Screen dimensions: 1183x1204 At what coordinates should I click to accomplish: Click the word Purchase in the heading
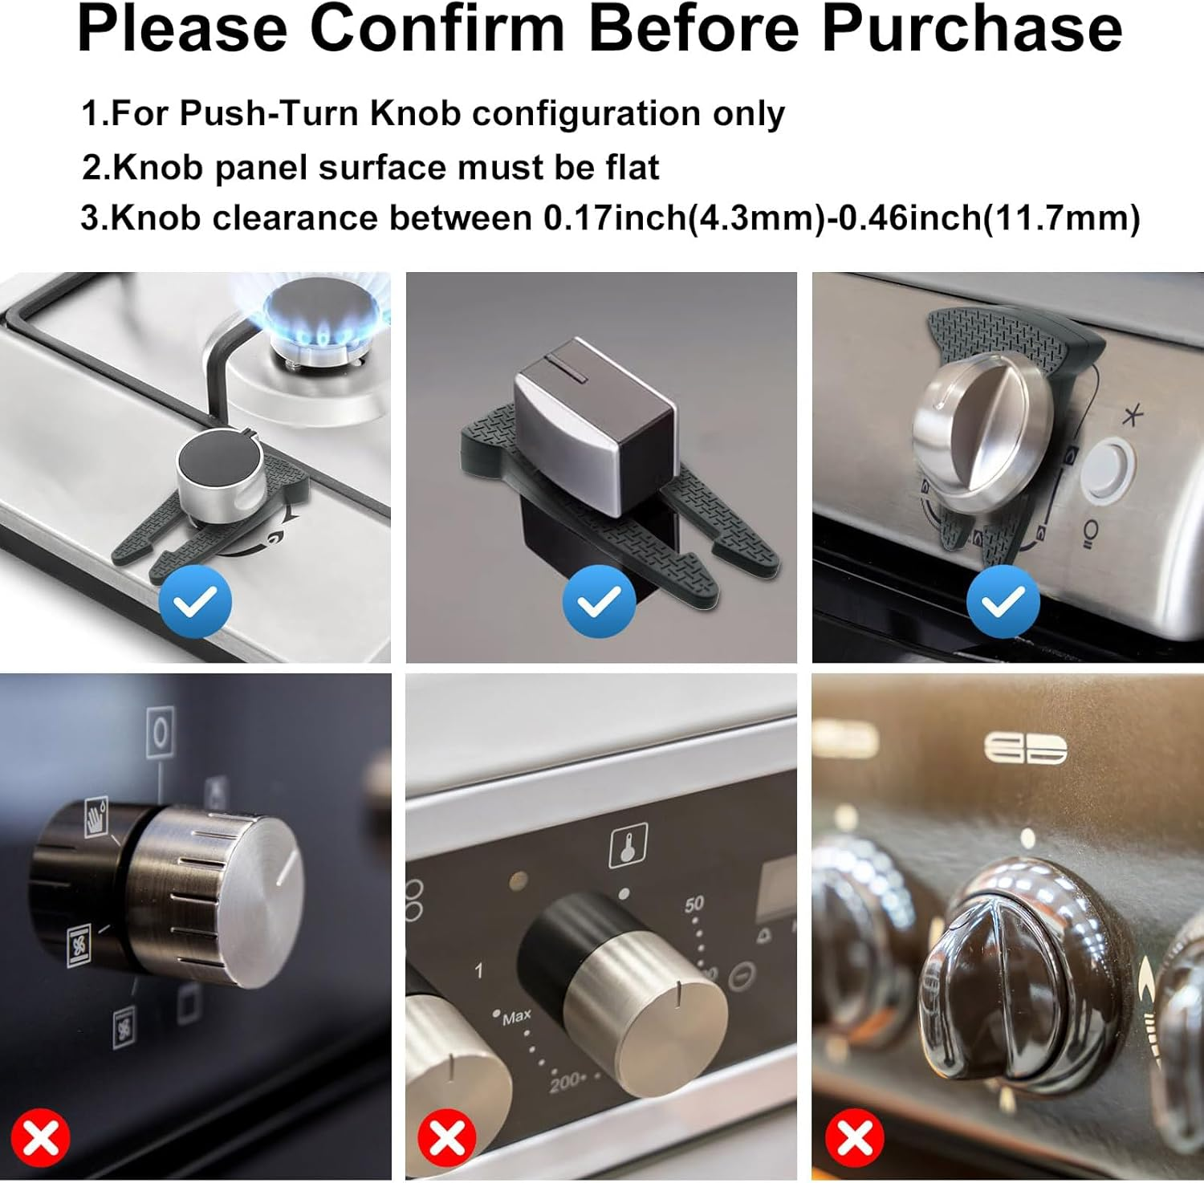[971, 29]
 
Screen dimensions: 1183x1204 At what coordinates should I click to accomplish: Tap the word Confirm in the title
[437, 29]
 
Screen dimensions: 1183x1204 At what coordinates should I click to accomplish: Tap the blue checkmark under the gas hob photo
[195, 601]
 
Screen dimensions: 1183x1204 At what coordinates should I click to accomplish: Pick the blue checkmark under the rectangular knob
[599, 601]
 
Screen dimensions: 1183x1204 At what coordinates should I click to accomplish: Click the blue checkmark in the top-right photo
[1003, 601]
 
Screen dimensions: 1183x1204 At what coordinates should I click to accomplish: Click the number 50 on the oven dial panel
[694, 904]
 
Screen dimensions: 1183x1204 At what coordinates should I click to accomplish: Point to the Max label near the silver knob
[516, 1017]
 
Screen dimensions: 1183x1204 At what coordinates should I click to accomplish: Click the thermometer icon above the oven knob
[628, 846]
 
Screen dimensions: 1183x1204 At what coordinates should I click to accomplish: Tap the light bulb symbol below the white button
[1088, 534]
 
